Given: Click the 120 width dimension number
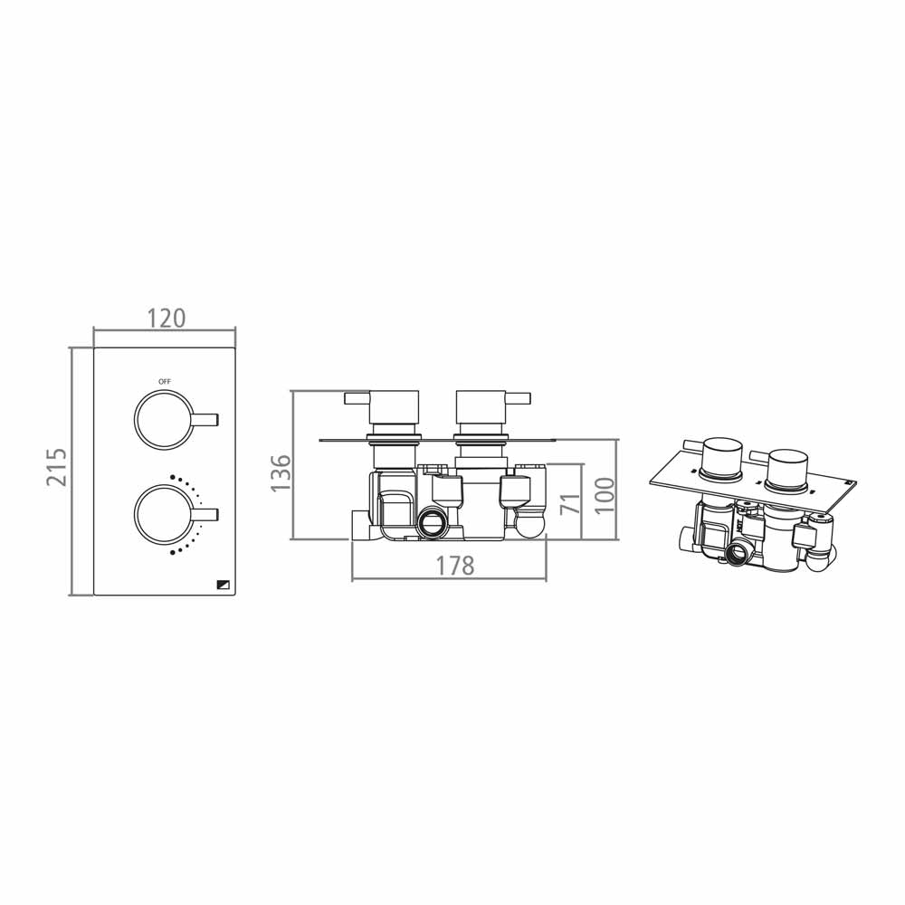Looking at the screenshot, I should [166, 318].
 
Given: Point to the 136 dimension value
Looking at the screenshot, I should [281, 472].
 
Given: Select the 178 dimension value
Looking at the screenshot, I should [454, 566].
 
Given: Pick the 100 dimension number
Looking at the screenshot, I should [604, 495].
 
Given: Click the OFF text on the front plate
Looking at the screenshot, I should [164, 382].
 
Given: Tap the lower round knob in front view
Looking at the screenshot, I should [164, 515].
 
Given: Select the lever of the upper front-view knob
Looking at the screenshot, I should [207, 418].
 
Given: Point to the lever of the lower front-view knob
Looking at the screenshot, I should [207, 515].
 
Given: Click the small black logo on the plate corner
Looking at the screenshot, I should [223, 584].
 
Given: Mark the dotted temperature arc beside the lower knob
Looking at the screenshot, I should [193, 514].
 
